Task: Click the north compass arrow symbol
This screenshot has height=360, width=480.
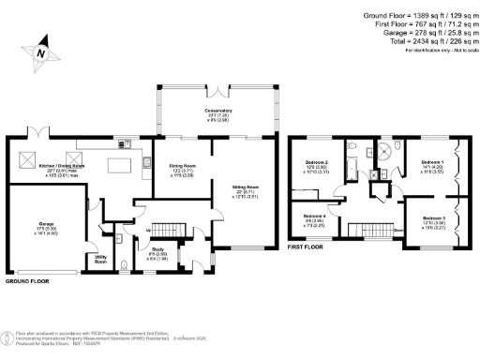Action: (40, 52)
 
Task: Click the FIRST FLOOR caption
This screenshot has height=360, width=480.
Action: (307, 250)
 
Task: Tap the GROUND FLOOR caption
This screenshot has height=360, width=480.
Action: (29, 280)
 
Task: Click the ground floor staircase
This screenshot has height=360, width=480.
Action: (166, 231)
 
